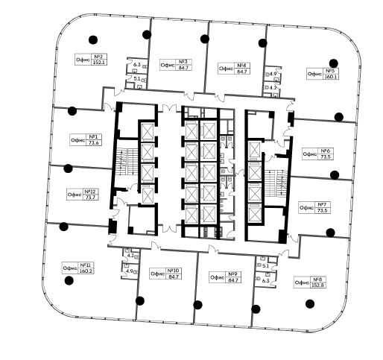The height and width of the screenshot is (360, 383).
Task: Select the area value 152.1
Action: click(99, 63)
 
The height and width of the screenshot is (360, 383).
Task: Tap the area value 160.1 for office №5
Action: click(331, 77)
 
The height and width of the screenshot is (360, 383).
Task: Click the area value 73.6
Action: click(94, 142)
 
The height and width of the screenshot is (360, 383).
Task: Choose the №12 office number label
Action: click(90, 192)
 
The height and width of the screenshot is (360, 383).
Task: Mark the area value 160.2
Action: click(86, 271)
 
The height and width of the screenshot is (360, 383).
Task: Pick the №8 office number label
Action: click(317, 279)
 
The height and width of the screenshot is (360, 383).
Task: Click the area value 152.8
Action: click(317, 285)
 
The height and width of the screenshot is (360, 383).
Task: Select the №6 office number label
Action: click(326, 151)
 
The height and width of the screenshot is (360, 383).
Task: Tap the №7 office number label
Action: click(322, 204)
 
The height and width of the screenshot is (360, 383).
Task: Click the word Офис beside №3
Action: click(168, 65)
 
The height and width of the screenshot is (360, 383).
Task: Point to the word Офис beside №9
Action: click(217, 277)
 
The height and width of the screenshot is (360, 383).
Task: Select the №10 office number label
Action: click(174, 271)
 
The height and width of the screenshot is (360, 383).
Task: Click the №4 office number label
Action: click(241, 66)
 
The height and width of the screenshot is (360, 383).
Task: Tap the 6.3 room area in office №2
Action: click(137, 65)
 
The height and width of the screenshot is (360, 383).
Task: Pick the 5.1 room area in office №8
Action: click(265, 266)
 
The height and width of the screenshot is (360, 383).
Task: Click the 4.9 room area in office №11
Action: click(130, 271)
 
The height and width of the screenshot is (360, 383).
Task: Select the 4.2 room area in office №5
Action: click(273, 87)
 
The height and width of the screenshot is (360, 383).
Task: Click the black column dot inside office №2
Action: click(93, 40)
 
